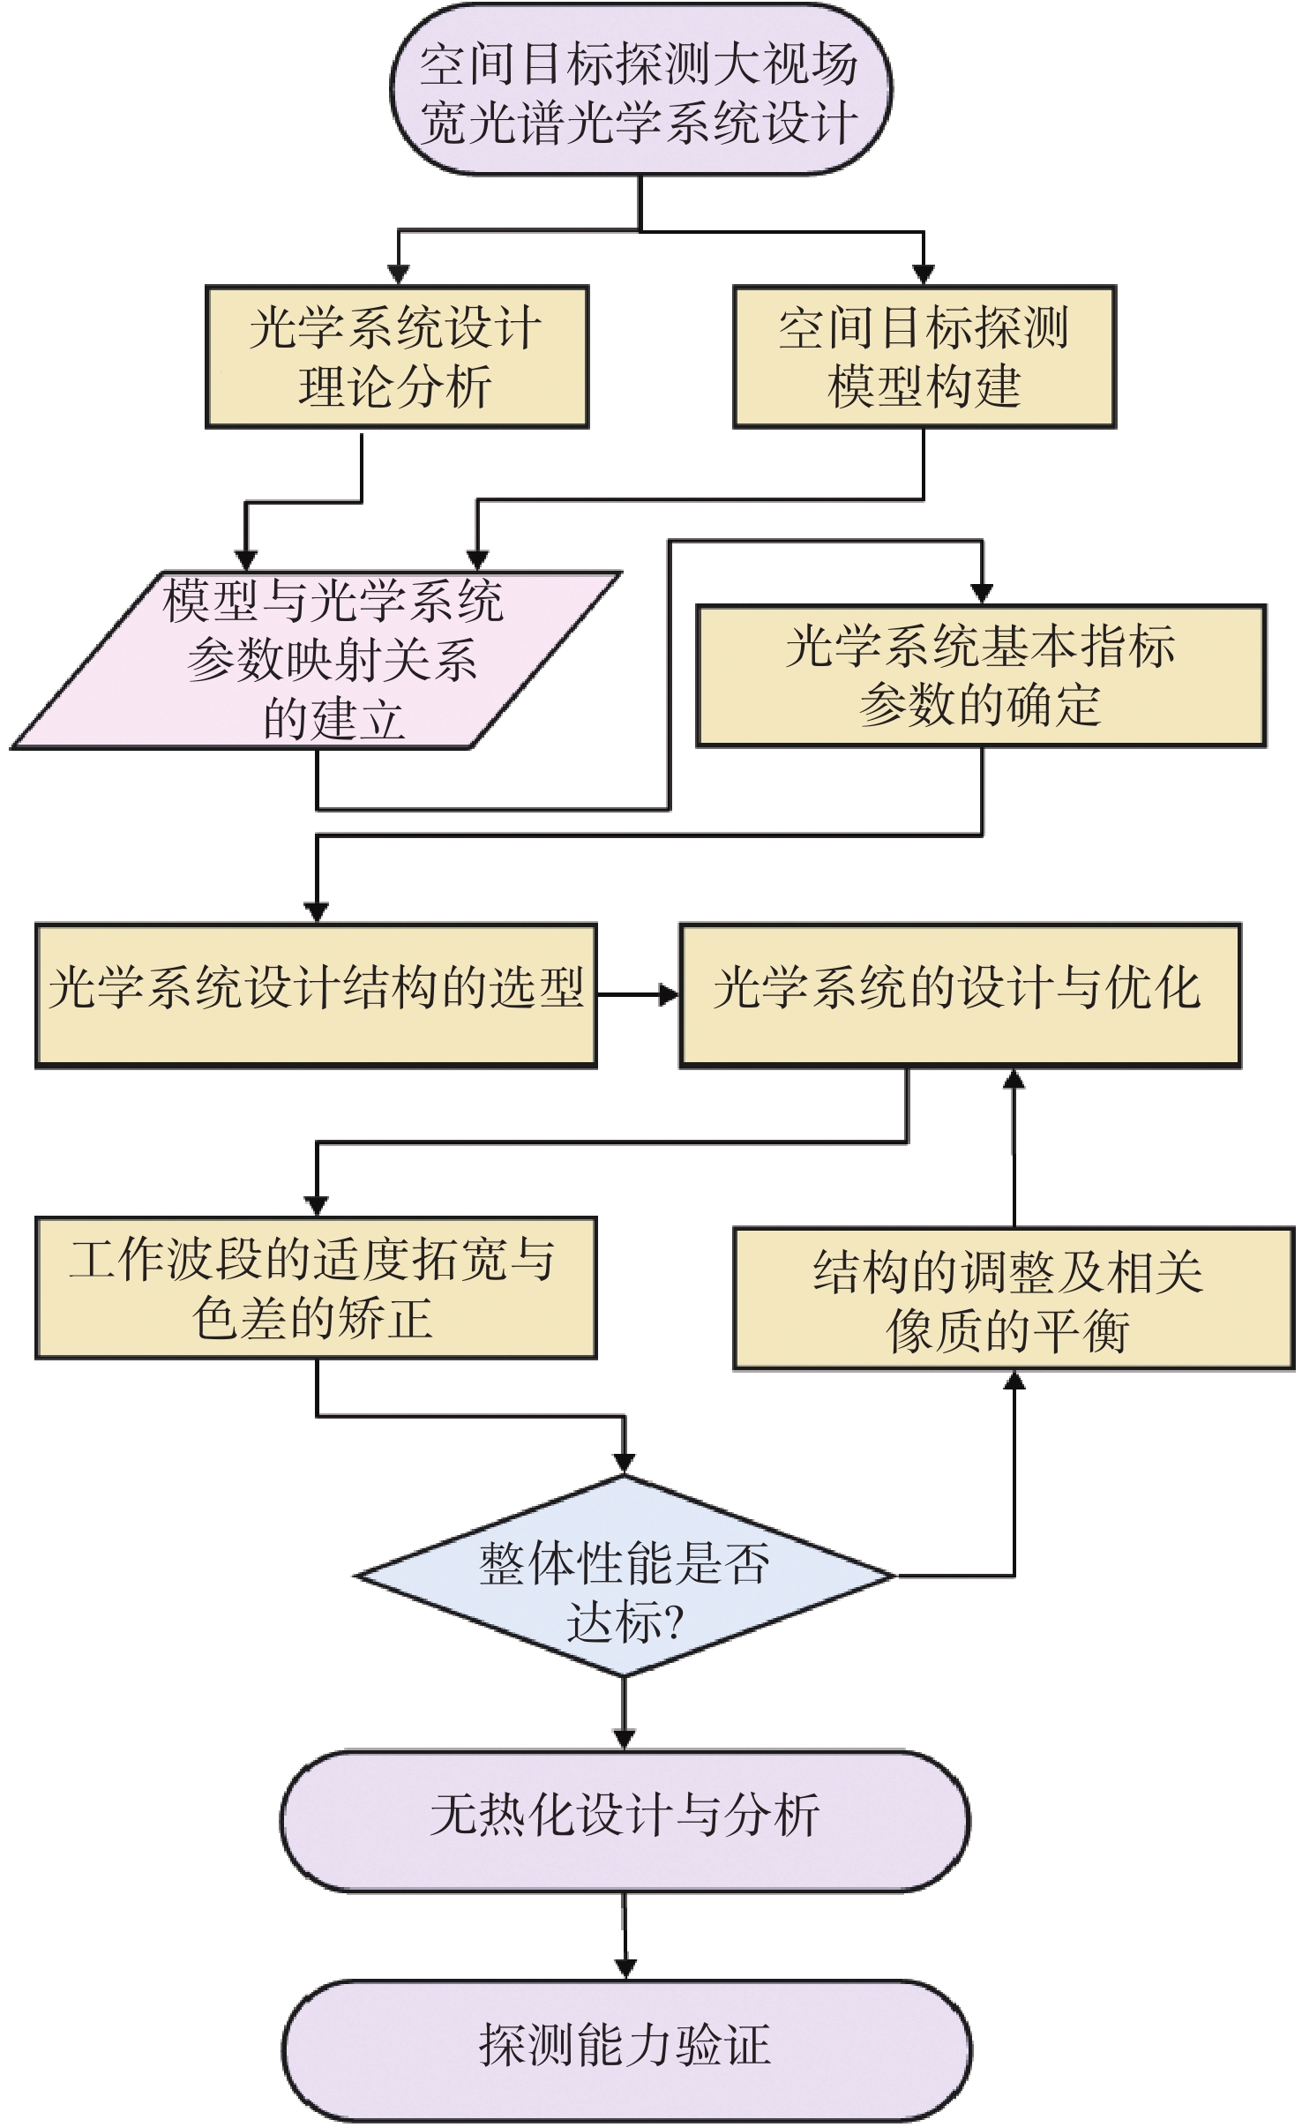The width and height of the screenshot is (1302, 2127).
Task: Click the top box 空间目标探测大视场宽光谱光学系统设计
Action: click(x=640, y=91)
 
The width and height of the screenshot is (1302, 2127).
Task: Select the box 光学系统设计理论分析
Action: click(x=397, y=357)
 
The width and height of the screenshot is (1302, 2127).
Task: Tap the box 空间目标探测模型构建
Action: click(x=924, y=357)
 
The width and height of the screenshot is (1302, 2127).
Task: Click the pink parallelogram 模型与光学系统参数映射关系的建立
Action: click(x=318, y=661)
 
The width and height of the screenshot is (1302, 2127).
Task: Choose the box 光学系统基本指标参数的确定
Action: click(x=981, y=676)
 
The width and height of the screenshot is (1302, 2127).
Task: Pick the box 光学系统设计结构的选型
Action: click(x=316, y=995)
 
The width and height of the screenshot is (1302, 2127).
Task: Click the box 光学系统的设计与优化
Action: click(x=960, y=995)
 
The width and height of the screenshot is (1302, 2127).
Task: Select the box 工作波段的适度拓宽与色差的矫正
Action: click(x=316, y=1288)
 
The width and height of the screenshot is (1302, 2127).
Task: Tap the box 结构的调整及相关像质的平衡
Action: click(x=1014, y=1299)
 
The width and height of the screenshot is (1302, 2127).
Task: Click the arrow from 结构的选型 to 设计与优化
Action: click(x=637, y=995)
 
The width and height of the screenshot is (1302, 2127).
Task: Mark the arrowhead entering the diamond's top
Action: click(x=625, y=1461)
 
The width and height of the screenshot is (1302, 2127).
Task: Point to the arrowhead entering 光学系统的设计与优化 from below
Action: click(x=1014, y=1080)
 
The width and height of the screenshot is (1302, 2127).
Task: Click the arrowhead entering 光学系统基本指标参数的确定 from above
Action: click(x=982, y=593)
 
